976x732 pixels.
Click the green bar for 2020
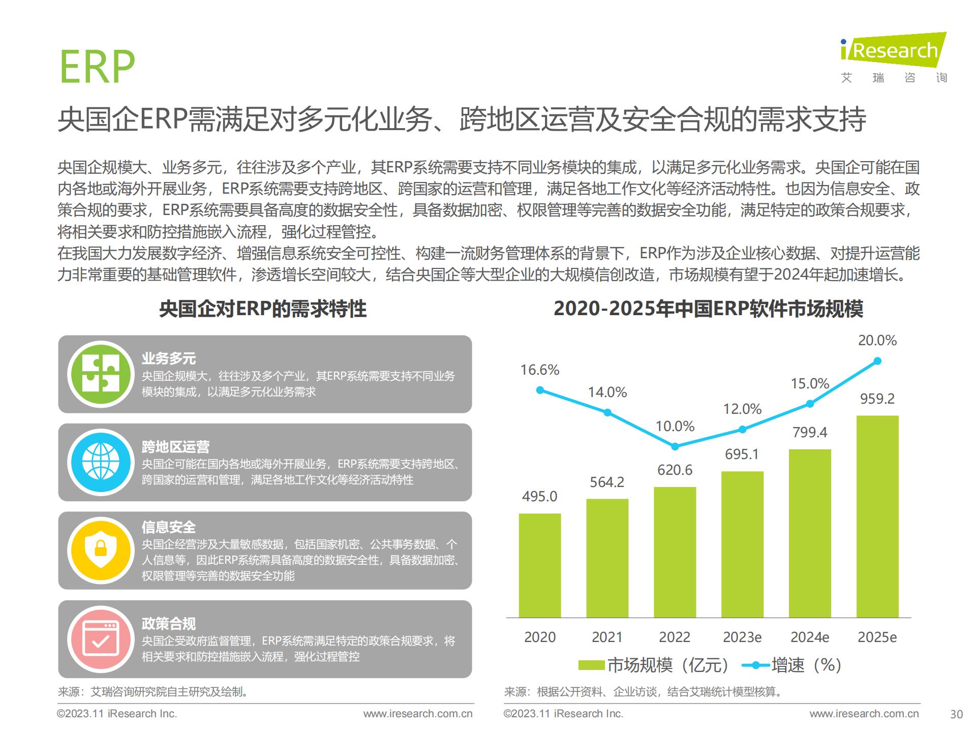539,565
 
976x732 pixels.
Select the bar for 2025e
877,516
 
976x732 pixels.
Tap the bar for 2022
675,552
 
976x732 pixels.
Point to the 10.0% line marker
675,446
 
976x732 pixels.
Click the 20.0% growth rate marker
877,361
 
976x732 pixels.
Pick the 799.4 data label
810,432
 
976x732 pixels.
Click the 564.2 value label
607,482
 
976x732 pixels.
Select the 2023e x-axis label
742,637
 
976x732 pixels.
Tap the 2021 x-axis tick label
607,637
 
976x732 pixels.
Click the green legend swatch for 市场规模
591,665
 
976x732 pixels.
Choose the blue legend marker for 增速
756,665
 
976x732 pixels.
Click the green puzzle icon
101,374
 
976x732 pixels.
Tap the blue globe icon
101,462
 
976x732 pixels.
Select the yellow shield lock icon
101,550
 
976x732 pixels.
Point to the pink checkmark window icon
101,638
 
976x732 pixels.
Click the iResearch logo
893,51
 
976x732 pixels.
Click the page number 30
956,714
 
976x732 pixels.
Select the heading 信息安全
168,527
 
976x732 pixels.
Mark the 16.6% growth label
539,370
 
